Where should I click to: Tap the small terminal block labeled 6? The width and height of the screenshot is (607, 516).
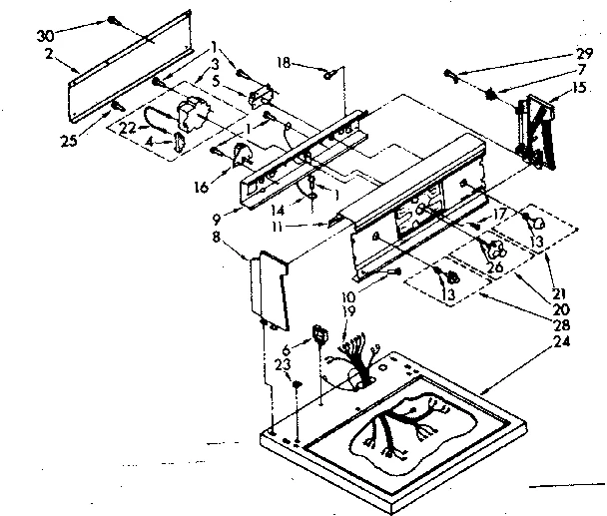[x=321, y=334]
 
